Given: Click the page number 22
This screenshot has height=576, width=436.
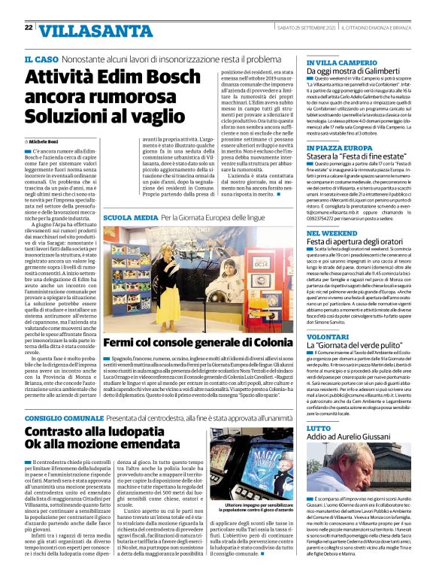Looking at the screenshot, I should pyautogui.click(x=28, y=28).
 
